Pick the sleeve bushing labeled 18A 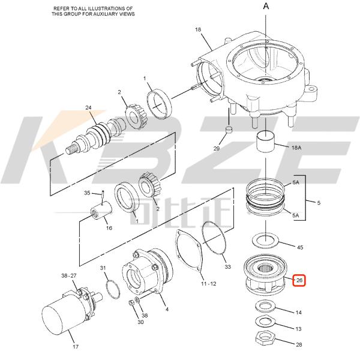(x=265, y=144)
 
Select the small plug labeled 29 (x=229, y=130)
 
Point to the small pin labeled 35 (x=103, y=193)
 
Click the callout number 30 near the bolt (x=140, y=322)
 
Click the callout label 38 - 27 (x=68, y=275)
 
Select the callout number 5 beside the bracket (x=318, y=203)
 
